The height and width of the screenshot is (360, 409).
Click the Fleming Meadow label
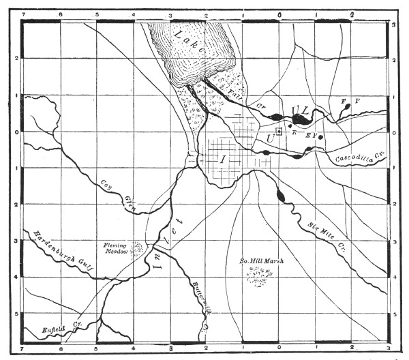pos(117,247)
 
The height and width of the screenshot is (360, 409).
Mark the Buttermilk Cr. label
pos(198,301)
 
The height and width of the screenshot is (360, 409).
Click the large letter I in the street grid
pos(222,159)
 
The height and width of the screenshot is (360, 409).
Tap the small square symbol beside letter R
pos(279,132)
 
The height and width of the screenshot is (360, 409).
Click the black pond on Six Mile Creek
pos(282,196)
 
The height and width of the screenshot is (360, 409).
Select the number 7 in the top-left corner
pos(24,14)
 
